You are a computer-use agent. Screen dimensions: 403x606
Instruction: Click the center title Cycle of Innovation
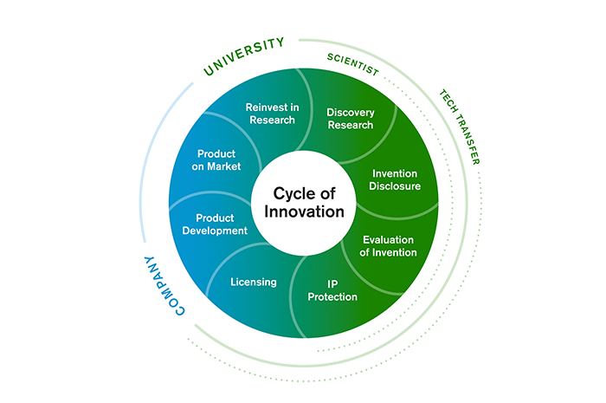(303, 202)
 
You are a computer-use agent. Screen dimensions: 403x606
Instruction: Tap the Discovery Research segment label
(350, 118)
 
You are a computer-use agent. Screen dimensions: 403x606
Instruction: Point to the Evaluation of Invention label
(388, 246)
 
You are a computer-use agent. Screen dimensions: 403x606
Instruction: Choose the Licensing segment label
(254, 282)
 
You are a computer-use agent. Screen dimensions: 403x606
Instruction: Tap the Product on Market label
(218, 159)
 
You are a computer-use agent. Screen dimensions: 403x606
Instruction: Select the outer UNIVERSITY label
(244, 55)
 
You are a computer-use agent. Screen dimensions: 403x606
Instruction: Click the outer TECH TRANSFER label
(459, 127)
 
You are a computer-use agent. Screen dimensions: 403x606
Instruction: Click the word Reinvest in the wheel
(265, 107)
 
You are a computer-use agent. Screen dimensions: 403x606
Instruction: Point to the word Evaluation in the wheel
(388, 240)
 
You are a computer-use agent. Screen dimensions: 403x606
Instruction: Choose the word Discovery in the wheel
(350, 112)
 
